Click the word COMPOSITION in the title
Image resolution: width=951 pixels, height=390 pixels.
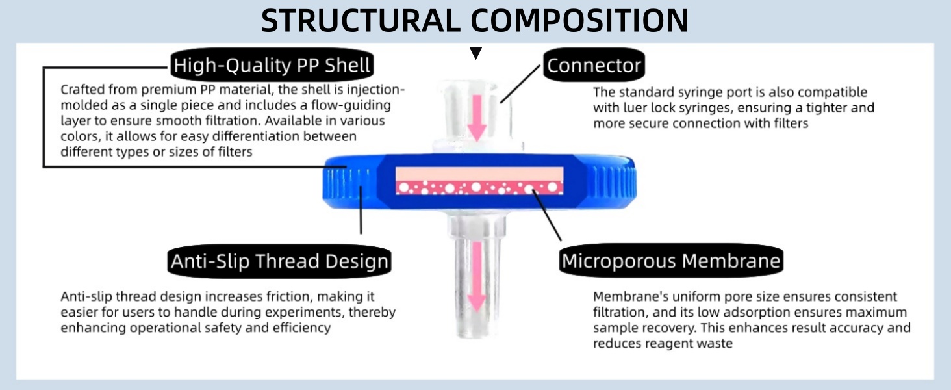(579, 21)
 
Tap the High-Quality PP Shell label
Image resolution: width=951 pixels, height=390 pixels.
(272, 66)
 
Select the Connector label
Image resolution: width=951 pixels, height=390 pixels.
(594, 66)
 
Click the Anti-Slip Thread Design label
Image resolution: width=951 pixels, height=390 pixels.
(279, 261)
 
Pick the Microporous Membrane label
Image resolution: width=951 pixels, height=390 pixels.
(670, 261)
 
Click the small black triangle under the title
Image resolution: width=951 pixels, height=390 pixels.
(476, 54)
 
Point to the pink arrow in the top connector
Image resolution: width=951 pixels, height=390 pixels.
(477, 116)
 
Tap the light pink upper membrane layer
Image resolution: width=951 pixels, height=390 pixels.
(479, 174)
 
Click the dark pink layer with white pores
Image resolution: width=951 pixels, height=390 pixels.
(479, 188)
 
